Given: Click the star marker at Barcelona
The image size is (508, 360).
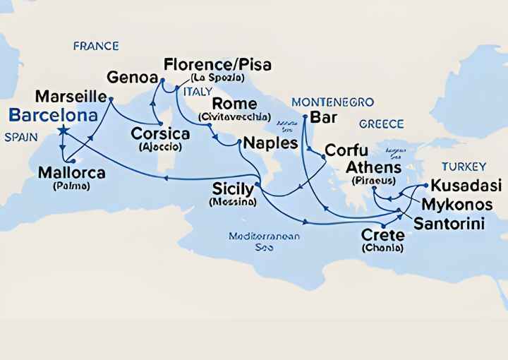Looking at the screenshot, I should (63, 130).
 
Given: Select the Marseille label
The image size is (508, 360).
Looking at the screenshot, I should (71, 95).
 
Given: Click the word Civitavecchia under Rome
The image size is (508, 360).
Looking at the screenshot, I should (229, 116).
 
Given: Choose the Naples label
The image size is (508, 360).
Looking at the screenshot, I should (270, 143).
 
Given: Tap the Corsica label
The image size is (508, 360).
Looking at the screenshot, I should (159, 133).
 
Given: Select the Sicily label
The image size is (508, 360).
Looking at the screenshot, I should (233, 189).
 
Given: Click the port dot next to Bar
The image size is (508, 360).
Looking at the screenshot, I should (304, 115).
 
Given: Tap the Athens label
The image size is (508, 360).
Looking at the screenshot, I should (373, 168).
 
